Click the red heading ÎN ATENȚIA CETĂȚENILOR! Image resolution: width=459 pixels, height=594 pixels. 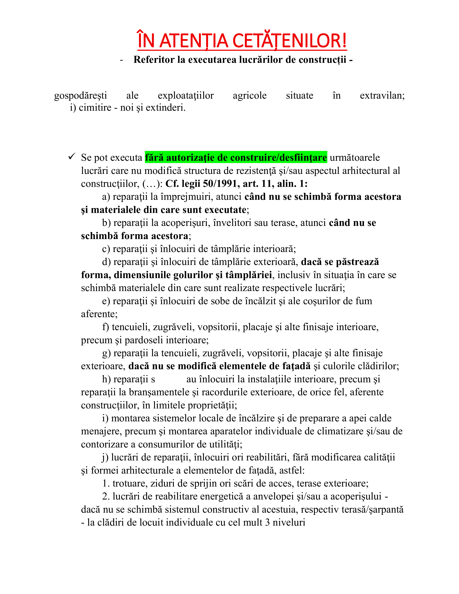(242, 41)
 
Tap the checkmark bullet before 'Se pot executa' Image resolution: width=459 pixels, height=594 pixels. (72, 156)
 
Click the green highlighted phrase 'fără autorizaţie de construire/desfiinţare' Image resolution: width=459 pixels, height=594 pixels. (236, 157)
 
